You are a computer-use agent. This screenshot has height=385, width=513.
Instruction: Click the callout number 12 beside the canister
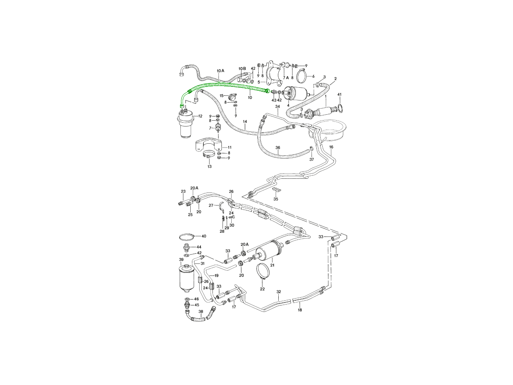coord(200,116)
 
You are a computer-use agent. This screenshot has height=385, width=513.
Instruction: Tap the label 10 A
coord(220,71)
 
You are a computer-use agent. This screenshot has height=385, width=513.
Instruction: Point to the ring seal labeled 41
coord(340,108)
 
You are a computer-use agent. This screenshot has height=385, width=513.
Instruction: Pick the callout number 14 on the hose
coord(245,121)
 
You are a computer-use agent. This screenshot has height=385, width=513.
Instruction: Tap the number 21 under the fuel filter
coord(272,265)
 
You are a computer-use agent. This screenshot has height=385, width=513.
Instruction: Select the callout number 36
coord(277,148)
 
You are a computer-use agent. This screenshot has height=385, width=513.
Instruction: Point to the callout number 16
coord(331,147)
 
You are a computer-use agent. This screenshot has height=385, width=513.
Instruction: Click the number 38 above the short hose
coord(201,311)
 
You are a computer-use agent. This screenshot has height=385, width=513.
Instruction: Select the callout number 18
coord(300,310)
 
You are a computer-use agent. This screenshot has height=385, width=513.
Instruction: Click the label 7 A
coord(286,77)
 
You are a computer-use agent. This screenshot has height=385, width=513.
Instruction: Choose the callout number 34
coord(277,107)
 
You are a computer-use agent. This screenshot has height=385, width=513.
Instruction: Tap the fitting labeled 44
coord(186,248)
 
